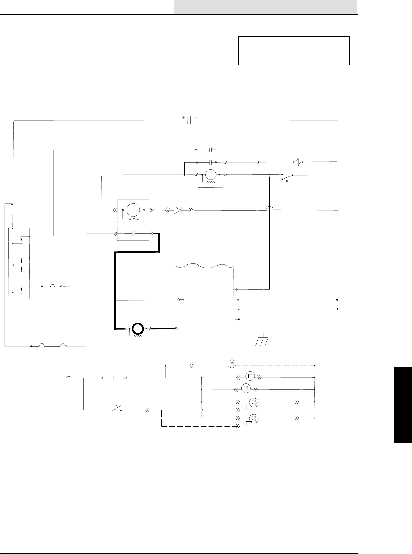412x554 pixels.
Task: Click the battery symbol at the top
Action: [190, 120]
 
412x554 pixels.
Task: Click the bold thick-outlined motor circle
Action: [137, 329]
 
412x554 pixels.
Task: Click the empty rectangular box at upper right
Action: [293, 51]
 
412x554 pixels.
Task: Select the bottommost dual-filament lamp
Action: [254, 419]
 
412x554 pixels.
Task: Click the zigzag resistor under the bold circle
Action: [137, 336]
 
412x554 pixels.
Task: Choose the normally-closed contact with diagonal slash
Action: [211, 150]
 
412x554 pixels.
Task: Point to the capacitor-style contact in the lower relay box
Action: [133, 234]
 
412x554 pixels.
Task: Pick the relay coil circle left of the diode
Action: [133, 209]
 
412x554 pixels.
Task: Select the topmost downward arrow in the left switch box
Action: [21, 239]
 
